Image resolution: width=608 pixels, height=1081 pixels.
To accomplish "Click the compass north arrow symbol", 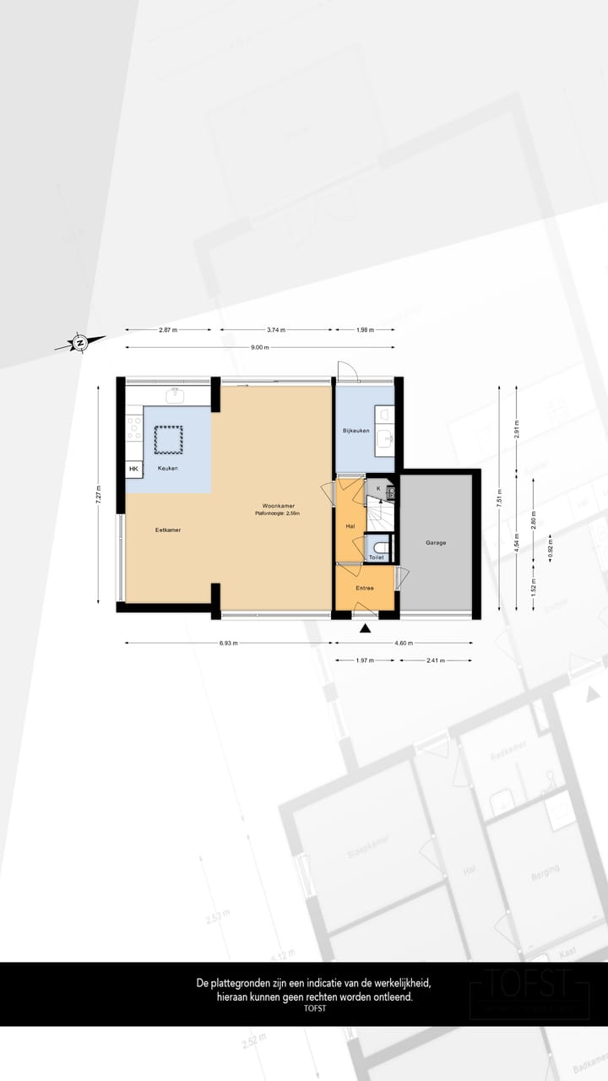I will click(79, 342).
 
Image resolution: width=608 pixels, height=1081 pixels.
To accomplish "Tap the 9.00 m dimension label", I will click(259, 347).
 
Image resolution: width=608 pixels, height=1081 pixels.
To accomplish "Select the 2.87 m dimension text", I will click(168, 330).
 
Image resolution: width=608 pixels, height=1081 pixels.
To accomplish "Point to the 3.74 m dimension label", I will click(276, 330).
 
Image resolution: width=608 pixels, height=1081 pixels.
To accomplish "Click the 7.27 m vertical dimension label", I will click(98, 494).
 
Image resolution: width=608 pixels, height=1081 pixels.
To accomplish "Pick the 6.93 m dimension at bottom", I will click(228, 644).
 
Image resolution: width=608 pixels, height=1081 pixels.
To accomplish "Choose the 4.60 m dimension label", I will click(404, 644).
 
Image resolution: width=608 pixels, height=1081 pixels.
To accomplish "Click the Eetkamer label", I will click(168, 530).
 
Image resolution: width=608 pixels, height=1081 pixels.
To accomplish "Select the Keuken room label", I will click(167, 468).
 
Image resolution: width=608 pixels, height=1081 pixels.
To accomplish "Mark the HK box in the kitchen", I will click(133, 469).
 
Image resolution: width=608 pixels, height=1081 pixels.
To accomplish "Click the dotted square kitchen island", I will click(168, 438).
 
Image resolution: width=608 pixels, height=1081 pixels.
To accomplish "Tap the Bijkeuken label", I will click(356, 431).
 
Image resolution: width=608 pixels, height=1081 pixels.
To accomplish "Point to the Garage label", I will click(435, 543).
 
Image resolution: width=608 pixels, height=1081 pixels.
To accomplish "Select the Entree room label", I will click(364, 587).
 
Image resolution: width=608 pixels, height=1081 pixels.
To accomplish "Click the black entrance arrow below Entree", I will click(365, 628).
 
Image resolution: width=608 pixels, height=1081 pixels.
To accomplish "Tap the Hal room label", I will click(350, 526).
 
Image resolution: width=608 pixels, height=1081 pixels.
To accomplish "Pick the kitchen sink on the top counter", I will click(176, 395).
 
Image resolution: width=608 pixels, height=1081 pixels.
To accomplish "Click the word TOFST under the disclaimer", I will click(314, 1008).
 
